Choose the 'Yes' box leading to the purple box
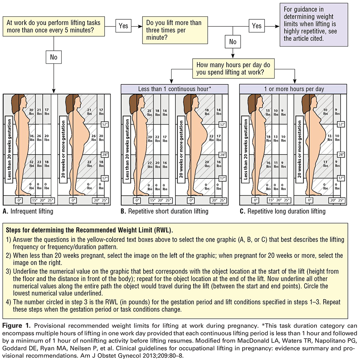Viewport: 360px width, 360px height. [x=257, y=25]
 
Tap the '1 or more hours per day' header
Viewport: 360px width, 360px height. [x=293, y=89]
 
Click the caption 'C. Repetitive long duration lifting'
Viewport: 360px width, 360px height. [x=282, y=211]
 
